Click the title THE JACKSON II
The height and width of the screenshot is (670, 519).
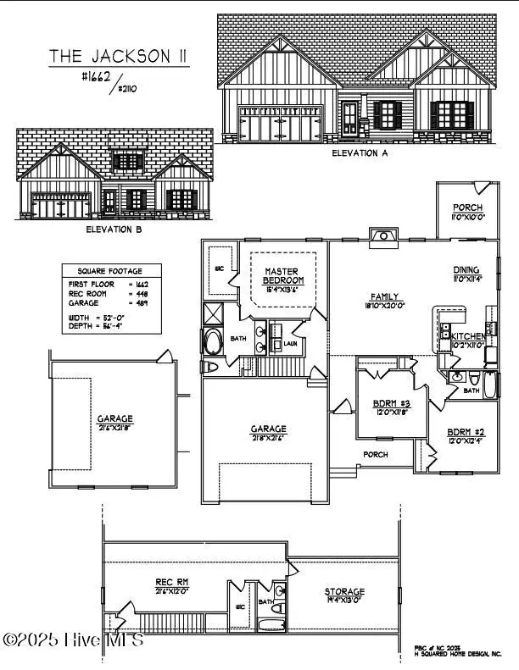[118, 56]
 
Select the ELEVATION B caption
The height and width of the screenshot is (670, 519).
[119, 229]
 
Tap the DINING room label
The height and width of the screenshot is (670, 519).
[467, 271]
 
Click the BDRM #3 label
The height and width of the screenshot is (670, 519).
[392, 402]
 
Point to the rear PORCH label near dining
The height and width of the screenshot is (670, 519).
[467, 208]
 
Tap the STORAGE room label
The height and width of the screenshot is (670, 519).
[344, 591]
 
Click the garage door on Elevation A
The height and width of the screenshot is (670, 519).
[281, 123]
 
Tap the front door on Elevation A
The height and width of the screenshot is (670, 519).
[350, 120]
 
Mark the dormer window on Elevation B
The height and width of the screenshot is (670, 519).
[129, 160]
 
